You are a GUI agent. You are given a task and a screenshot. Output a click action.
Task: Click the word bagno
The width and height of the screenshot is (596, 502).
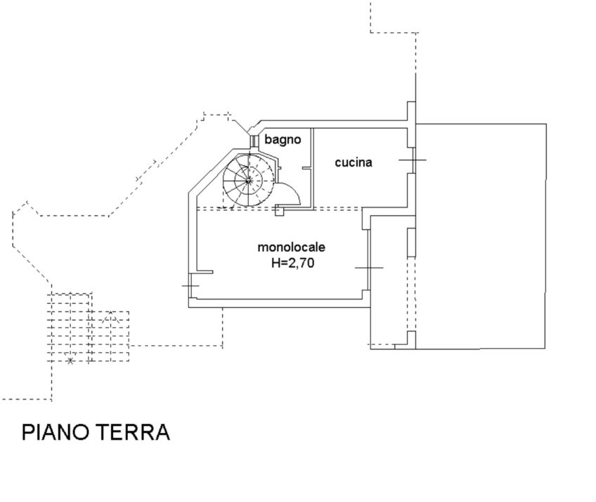(283, 140)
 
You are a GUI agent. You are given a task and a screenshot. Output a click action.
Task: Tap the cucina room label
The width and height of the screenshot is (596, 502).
(353, 162)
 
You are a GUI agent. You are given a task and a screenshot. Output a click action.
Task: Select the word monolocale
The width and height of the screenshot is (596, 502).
(291, 247)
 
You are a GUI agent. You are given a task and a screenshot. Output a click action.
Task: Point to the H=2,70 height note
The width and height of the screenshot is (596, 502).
(292, 263)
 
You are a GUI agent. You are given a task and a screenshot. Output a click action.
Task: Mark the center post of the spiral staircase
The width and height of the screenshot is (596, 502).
(248, 181)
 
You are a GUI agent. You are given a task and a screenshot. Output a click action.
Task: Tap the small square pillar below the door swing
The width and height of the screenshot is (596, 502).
(280, 211)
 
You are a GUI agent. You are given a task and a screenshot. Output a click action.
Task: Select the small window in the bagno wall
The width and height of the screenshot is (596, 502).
(253, 141)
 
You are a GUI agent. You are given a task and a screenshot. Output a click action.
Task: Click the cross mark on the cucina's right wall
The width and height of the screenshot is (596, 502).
(413, 160)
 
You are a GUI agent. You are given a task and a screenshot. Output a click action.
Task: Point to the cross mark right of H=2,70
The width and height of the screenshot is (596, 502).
(369, 268)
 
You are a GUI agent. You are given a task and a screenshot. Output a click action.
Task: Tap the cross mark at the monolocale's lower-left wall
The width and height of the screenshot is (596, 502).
(190, 285)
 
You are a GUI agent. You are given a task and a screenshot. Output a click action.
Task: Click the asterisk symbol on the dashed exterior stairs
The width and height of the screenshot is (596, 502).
(70, 361)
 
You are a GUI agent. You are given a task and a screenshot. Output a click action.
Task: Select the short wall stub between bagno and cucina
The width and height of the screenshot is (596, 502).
(306, 168)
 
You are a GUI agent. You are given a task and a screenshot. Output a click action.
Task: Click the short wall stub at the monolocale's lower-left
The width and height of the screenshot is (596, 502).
(205, 272)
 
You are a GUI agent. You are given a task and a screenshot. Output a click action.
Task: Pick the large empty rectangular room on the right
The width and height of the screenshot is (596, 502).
(481, 236)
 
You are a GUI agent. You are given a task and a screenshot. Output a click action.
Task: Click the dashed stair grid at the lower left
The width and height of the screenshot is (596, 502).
(88, 328)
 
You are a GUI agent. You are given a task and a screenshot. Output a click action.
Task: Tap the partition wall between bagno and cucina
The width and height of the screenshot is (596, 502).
(313, 169)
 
